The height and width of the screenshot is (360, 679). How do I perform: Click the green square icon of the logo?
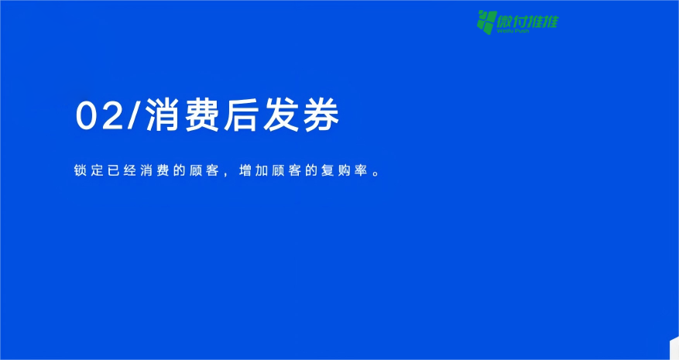(485, 22)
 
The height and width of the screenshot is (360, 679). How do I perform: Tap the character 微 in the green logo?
(505, 20)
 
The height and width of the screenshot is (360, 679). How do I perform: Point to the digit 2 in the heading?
(111, 116)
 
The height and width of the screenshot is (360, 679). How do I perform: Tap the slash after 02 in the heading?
(132, 116)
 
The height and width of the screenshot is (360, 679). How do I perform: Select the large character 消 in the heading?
(162, 116)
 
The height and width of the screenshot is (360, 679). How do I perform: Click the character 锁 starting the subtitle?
(80, 170)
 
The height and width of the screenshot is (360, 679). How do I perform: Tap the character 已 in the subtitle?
(113, 170)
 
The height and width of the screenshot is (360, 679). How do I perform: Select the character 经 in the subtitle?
(129, 170)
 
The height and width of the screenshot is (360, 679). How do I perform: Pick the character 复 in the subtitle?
(327, 170)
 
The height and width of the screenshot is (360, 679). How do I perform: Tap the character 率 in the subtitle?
(360, 170)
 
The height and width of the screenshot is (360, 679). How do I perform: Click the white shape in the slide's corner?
(674, 350)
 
